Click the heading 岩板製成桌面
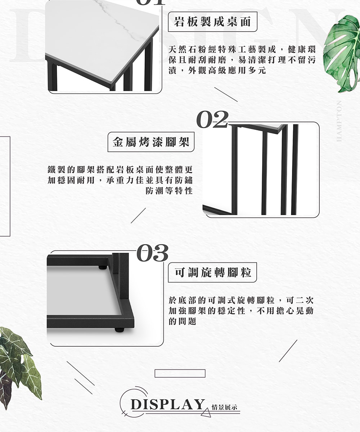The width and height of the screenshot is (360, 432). click(212, 22)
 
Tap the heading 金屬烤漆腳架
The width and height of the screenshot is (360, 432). click(151, 142)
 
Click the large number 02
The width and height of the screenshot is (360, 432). click(212, 120)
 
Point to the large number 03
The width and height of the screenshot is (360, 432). click(153, 253)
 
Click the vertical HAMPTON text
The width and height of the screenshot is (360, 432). click(339, 121)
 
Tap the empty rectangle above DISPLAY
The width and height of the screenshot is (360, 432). click(180, 373)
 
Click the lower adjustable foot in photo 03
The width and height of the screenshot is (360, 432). click(120, 329)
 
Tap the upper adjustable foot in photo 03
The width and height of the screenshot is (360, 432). click(103, 267)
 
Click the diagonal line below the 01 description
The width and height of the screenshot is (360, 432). click(226, 94)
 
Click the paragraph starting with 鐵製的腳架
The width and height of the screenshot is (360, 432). click(120, 180)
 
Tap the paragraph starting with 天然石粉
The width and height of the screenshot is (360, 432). click(242, 60)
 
